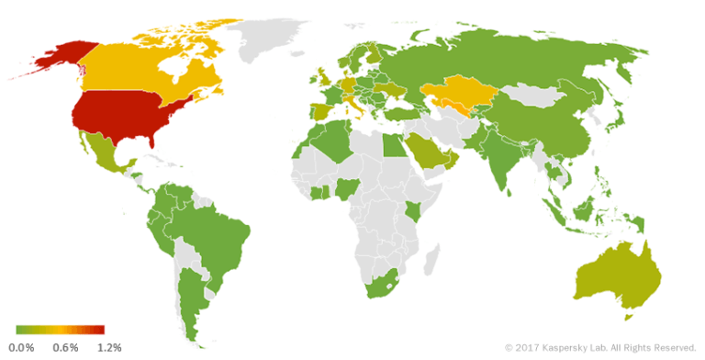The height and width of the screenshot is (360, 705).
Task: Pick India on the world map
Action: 500,161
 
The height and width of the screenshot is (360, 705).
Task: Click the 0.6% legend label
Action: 65,347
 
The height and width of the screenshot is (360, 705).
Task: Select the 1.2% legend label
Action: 109,347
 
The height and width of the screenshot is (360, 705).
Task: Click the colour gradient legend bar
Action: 61,330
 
